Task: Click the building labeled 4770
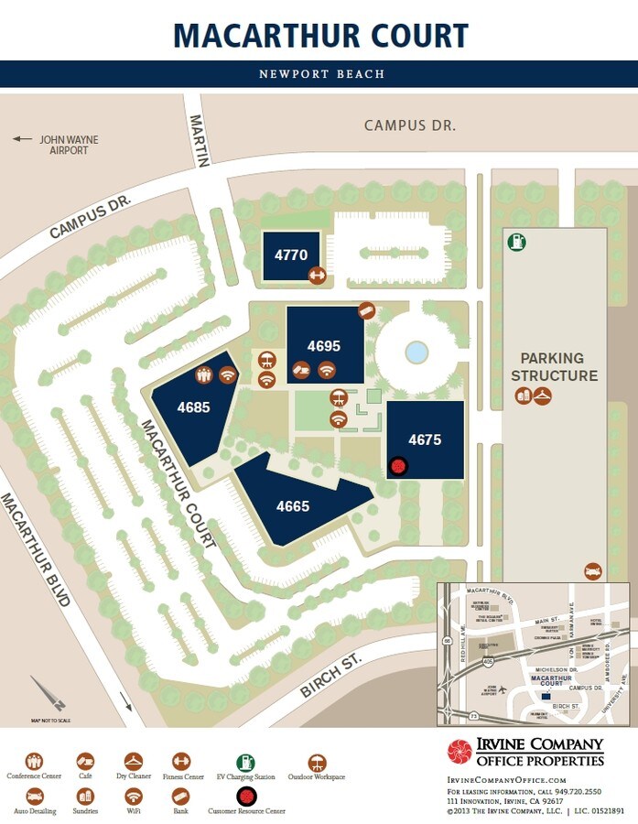pos(291,255)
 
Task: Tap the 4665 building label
pos(294,505)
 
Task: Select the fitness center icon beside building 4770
pos(317,274)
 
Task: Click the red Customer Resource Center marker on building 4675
pos(398,466)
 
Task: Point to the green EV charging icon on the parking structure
pos(517,243)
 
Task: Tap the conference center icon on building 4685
pos(204,374)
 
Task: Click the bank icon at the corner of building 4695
pos(366,310)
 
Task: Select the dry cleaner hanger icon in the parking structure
pos(544,396)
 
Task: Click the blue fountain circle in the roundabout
pos(416,352)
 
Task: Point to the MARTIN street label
pos(199,140)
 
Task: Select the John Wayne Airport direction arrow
pos(21,140)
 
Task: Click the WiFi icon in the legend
pos(134,795)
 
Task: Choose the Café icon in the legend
pos(85,762)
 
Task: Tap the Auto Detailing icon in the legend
pos(35,795)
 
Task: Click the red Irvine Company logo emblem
pos(460,752)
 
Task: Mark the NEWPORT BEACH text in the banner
pos(321,74)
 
